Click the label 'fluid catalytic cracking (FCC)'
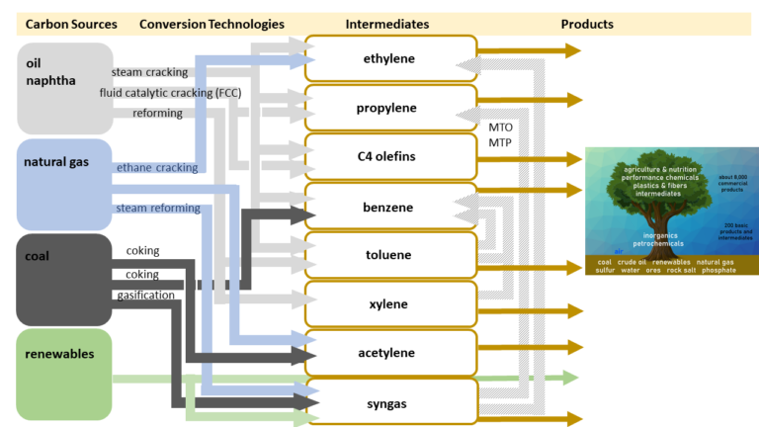[170, 93]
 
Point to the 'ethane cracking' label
[156, 168]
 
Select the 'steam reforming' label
[158, 209]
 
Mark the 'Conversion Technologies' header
[211, 24]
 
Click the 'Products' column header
[587, 24]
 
